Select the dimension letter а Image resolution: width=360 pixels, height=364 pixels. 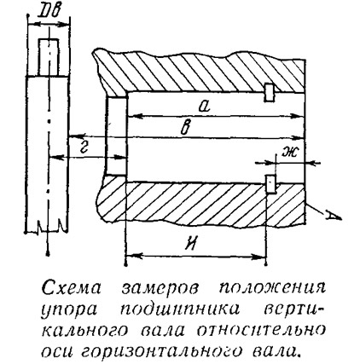pyautogui.click(x=205, y=107)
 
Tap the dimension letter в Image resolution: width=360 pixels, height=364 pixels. pyautogui.click(x=187, y=128)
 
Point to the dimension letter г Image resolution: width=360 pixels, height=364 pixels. pyautogui.click(x=84, y=147)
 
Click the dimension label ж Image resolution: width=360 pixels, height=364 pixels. pyautogui.click(x=289, y=153)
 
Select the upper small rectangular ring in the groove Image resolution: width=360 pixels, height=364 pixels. pyautogui.click(x=269, y=92)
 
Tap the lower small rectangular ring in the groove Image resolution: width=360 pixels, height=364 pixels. pyautogui.click(x=270, y=184)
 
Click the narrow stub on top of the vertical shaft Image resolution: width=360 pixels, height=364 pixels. pyautogui.click(x=49, y=57)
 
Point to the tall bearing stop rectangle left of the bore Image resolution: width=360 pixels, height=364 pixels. pyautogui.click(x=116, y=136)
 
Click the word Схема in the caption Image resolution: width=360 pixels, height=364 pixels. pyautogui.click(x=72, y=289)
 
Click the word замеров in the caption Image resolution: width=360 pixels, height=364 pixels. pyautogui.click(x=160, y=290)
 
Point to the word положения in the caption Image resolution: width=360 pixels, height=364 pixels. pyautogui.click(x=273, y=289)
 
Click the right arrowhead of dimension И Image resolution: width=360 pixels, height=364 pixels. pyautogui.click(x=260, y=257)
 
